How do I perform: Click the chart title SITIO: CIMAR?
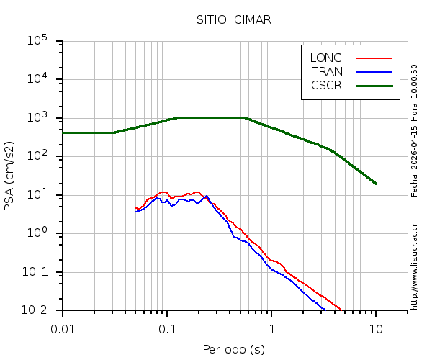[x=234, y=19]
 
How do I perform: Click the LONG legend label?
[x=326, y=58]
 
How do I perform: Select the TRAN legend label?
[x=327, y=71]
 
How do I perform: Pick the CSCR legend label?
[x=326, y=85]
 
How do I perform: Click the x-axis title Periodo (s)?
[x=233, y=350]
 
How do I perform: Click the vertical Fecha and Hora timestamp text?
[x=415, y=130]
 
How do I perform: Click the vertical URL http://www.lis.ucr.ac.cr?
[x=415, y=266]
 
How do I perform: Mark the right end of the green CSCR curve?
[x=376, y=184]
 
